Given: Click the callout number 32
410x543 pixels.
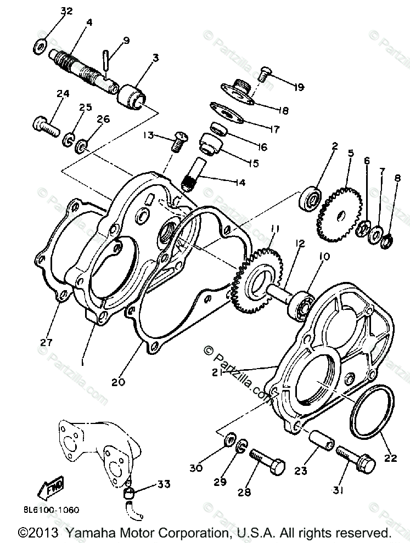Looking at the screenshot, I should (x=66, y=12).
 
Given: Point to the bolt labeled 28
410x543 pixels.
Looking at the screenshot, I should (x=265, y=459).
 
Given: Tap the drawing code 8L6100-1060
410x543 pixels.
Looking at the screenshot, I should (x=51, y=510).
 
